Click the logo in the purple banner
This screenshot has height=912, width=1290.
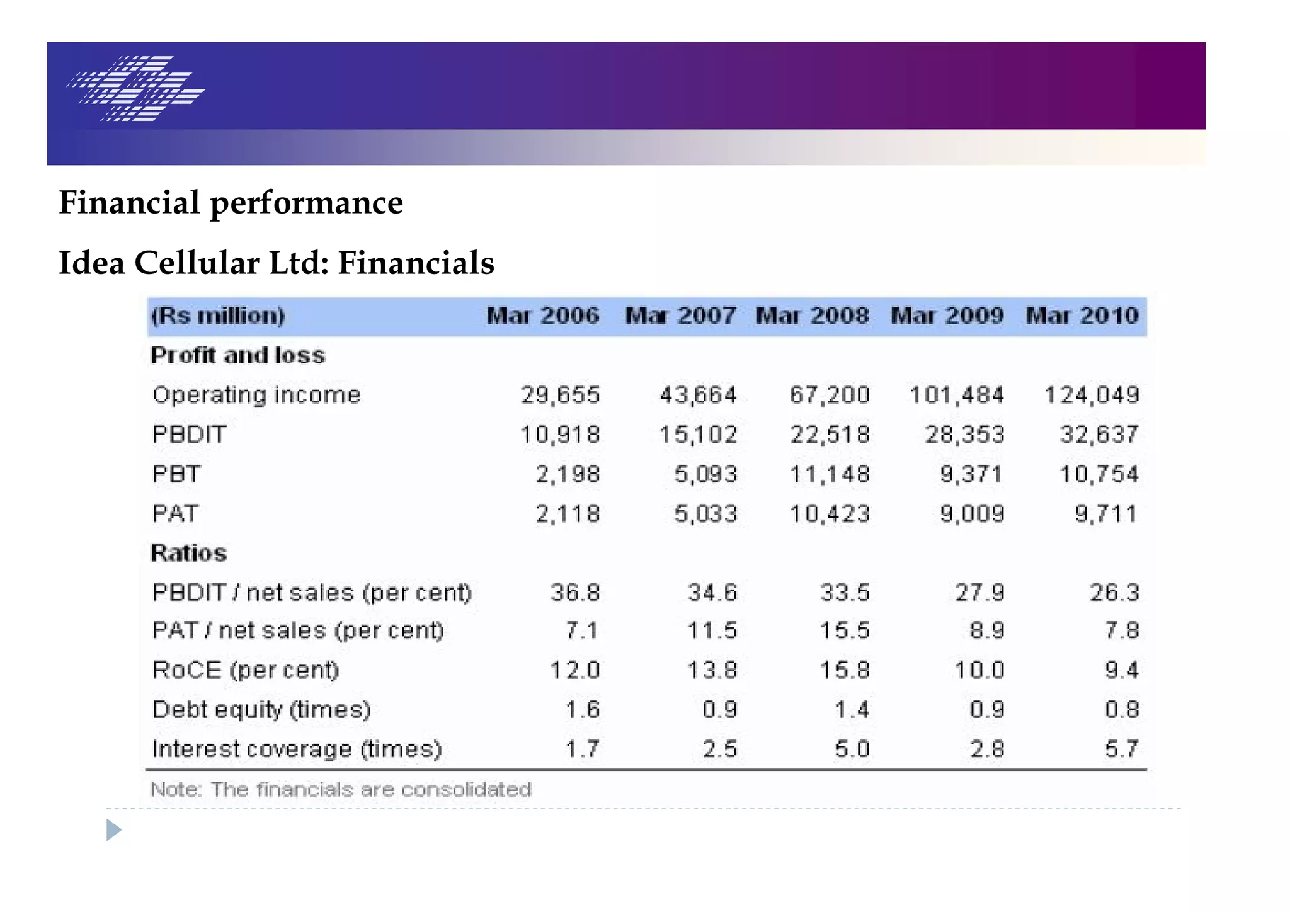click(136, 88)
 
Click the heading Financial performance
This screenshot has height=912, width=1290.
click(231, 203)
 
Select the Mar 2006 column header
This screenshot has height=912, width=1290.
click(543, 316)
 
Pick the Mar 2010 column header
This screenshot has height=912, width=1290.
click(1082, 316)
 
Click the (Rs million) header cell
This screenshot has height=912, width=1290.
click(219, 316)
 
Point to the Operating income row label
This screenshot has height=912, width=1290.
click(256, 395)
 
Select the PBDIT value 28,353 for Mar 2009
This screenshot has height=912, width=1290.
click(964, 435)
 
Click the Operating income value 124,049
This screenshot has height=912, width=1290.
click(1092, 395)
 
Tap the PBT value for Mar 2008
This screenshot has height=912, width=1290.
click(830, 474)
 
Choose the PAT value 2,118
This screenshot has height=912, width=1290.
click(568, 514)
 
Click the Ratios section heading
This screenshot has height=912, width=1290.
click(188, 553)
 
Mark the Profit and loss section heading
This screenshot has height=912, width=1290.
click(238, 355)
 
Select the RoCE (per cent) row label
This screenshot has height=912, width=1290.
click(246, 670)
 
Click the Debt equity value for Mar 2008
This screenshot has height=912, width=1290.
click(852, 710)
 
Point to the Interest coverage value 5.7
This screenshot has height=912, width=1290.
click(1121, 750)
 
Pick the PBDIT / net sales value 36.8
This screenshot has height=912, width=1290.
click(575, 593)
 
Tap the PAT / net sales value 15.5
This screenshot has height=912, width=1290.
click(845, 630)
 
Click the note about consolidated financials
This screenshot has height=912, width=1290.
click(341, 790)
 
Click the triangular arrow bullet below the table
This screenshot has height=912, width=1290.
click(113, 829)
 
